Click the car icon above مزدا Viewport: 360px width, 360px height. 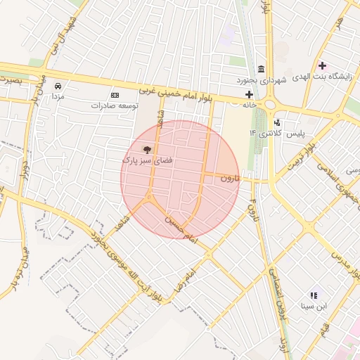tap(58, 86)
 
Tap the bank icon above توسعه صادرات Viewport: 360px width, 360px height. tap(115, 95)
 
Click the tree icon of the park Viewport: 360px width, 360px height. tap(147, 149)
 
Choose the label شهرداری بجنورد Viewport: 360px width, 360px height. tap(262, 79)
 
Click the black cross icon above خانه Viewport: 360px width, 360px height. tap(249, 94)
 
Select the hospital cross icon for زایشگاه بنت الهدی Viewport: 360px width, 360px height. tap(322, 65)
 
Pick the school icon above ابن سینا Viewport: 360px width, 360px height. tap(314, 295)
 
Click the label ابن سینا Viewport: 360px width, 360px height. tap(314, 306)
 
